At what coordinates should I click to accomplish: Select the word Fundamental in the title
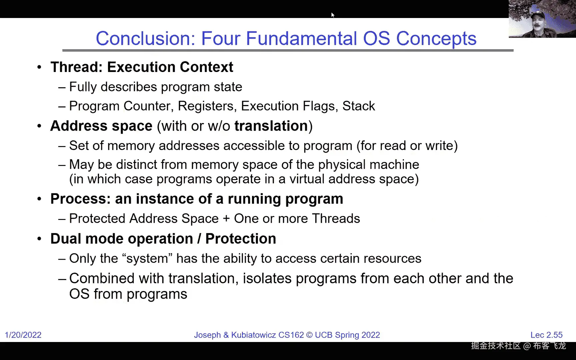pyautogui.click(x=301, y=38)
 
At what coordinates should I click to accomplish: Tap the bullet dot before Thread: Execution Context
pyautogui.click(x=40, y=67)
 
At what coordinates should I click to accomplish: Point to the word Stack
pyautogui.click(x=359, y=106)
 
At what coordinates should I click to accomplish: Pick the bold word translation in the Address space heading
pyautogui.click(x=271, y=126)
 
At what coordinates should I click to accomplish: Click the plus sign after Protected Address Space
pyautogui.click(x=226, y=219)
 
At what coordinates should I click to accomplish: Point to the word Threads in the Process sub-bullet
pyautogui.click(x=336, y=219)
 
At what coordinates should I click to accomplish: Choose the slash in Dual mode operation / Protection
pyautogui.click(x=199, y=239)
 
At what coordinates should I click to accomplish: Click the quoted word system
pyautogui.click(x=147, y=259)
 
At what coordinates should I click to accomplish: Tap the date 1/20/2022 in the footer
pyautogui.click(x=23, y=335)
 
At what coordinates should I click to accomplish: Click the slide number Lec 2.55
pyautogui.click(x=546, y=335)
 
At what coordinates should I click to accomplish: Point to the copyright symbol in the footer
pyautogui.click(x=309, y=335)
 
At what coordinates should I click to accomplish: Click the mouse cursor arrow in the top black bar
pyautogui.click(x=333, y=15)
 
